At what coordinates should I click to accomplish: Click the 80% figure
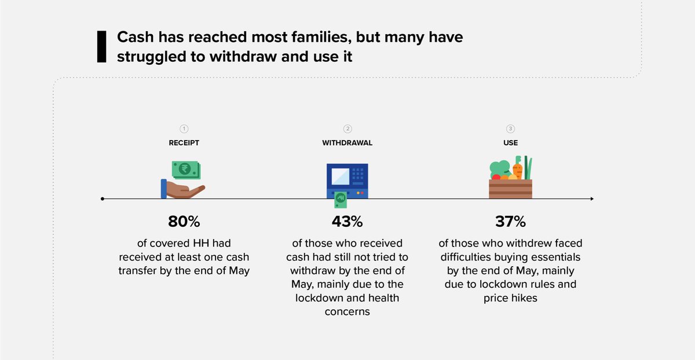pyautogui.click(x=184, y=222)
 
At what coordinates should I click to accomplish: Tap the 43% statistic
pyautogui.click(x=347, y=222)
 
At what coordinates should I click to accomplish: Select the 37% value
pyautogui.click(x=510, y=222)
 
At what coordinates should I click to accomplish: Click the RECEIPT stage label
pyautogui.click(x=184, y=143)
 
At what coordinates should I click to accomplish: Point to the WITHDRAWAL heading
pyautogui.click(x=347, y=143)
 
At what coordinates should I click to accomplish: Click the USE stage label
pyautogui.click(x=510, y=143)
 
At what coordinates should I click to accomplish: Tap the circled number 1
pyautogui.click(x=184, y=129)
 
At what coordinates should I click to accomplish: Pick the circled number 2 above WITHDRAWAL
pyautogui.click(x=348, y=129)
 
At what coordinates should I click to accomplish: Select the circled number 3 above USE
pyautogui.click(x=510, y=129)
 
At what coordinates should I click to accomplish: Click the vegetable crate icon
pyautogui.click(x=510, y=186)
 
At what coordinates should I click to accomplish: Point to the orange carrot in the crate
pyautogui.click(x=518, y=170)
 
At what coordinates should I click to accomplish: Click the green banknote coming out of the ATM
pyautogui.click(x=341, y=200)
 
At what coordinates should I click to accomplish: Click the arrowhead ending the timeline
pyautogui.click(x=591, y=199)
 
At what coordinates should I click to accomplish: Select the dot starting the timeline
pyautogui.click(x=103, y=199)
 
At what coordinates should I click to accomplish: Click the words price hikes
pyautogui.click(x=510, y=299)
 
